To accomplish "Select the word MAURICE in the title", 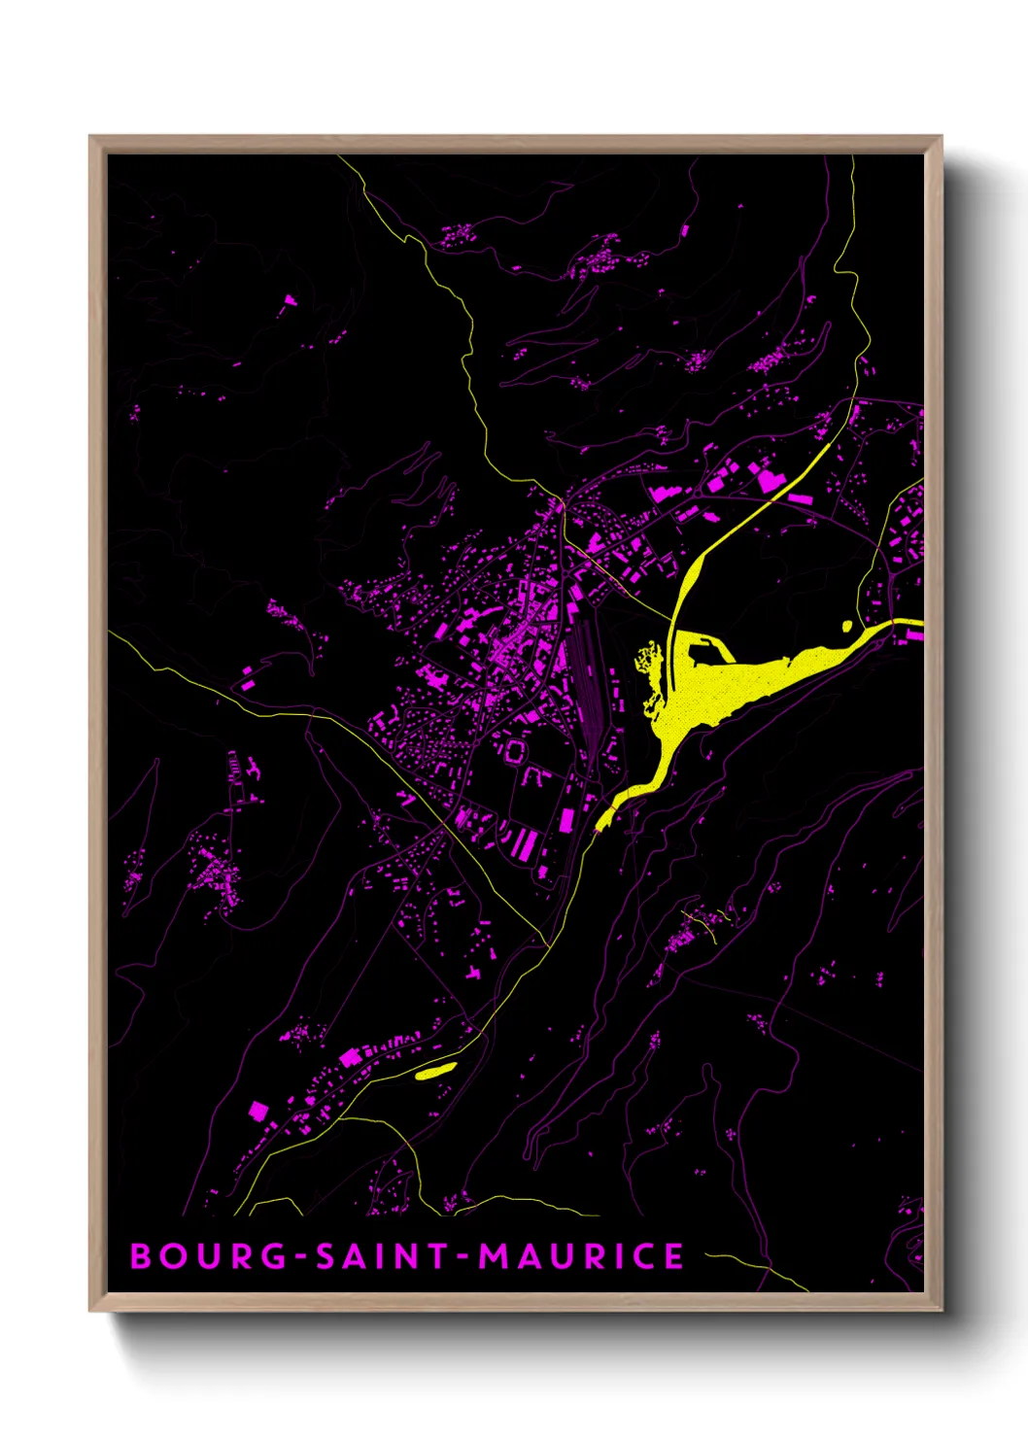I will coord(581,1256).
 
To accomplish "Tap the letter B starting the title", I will coord(141,1256).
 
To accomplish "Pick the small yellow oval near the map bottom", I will coord(435,1071).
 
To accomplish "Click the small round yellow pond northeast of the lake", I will coord(846,627).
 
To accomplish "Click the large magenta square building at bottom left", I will coord(258,1110).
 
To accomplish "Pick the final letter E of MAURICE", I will coord(673,1256).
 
